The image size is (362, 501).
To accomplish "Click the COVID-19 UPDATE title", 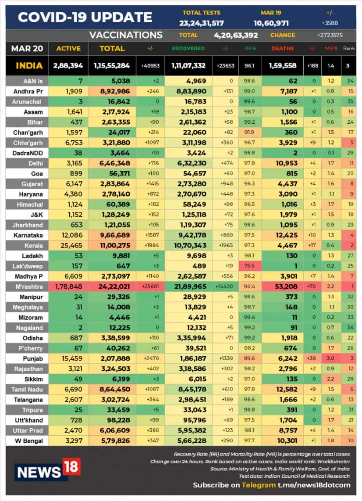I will [85, 17].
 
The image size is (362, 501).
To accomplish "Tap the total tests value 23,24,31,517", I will [202, 23].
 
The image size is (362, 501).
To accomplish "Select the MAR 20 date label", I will [27, 48].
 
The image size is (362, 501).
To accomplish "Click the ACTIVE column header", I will [68, 48].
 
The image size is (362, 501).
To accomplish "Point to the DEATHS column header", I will [283, 48].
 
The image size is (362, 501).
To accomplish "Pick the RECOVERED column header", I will [188, 48].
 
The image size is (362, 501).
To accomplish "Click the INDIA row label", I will [29, 66].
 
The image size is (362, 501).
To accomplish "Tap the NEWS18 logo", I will [47, 470].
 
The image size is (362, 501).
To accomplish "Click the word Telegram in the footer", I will [259, 485].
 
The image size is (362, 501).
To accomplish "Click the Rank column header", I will [349, 48].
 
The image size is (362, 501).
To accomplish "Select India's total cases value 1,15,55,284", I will [111, 66].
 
